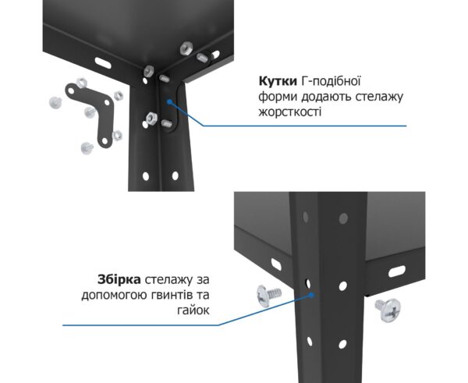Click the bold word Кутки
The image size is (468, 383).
278,81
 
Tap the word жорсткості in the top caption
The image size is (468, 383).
290,112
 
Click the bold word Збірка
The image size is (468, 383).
119,280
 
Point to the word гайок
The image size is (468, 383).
193,310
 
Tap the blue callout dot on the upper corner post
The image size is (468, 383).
169,101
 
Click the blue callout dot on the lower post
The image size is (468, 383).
311,295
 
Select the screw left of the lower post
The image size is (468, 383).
268,295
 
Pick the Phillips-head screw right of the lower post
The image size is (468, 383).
389,310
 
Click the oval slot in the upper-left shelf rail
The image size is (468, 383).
103,62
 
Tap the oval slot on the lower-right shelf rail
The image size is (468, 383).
397,271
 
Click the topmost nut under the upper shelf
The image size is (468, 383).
186,48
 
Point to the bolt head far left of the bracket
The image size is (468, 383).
55,102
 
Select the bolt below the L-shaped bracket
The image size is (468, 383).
87,148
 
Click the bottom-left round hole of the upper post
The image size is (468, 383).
146,176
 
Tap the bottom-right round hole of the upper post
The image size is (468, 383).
175,176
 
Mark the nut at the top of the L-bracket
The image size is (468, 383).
81,83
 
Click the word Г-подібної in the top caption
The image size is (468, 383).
331,81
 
